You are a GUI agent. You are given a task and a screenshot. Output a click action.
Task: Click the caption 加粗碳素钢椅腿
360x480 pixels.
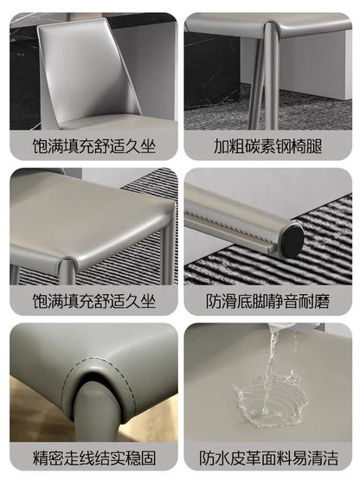pyautogui.click(x=268, y=144)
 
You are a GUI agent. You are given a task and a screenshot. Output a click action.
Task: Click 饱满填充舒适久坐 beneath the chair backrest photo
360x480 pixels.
pyautogui.click(x=90, y=144)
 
